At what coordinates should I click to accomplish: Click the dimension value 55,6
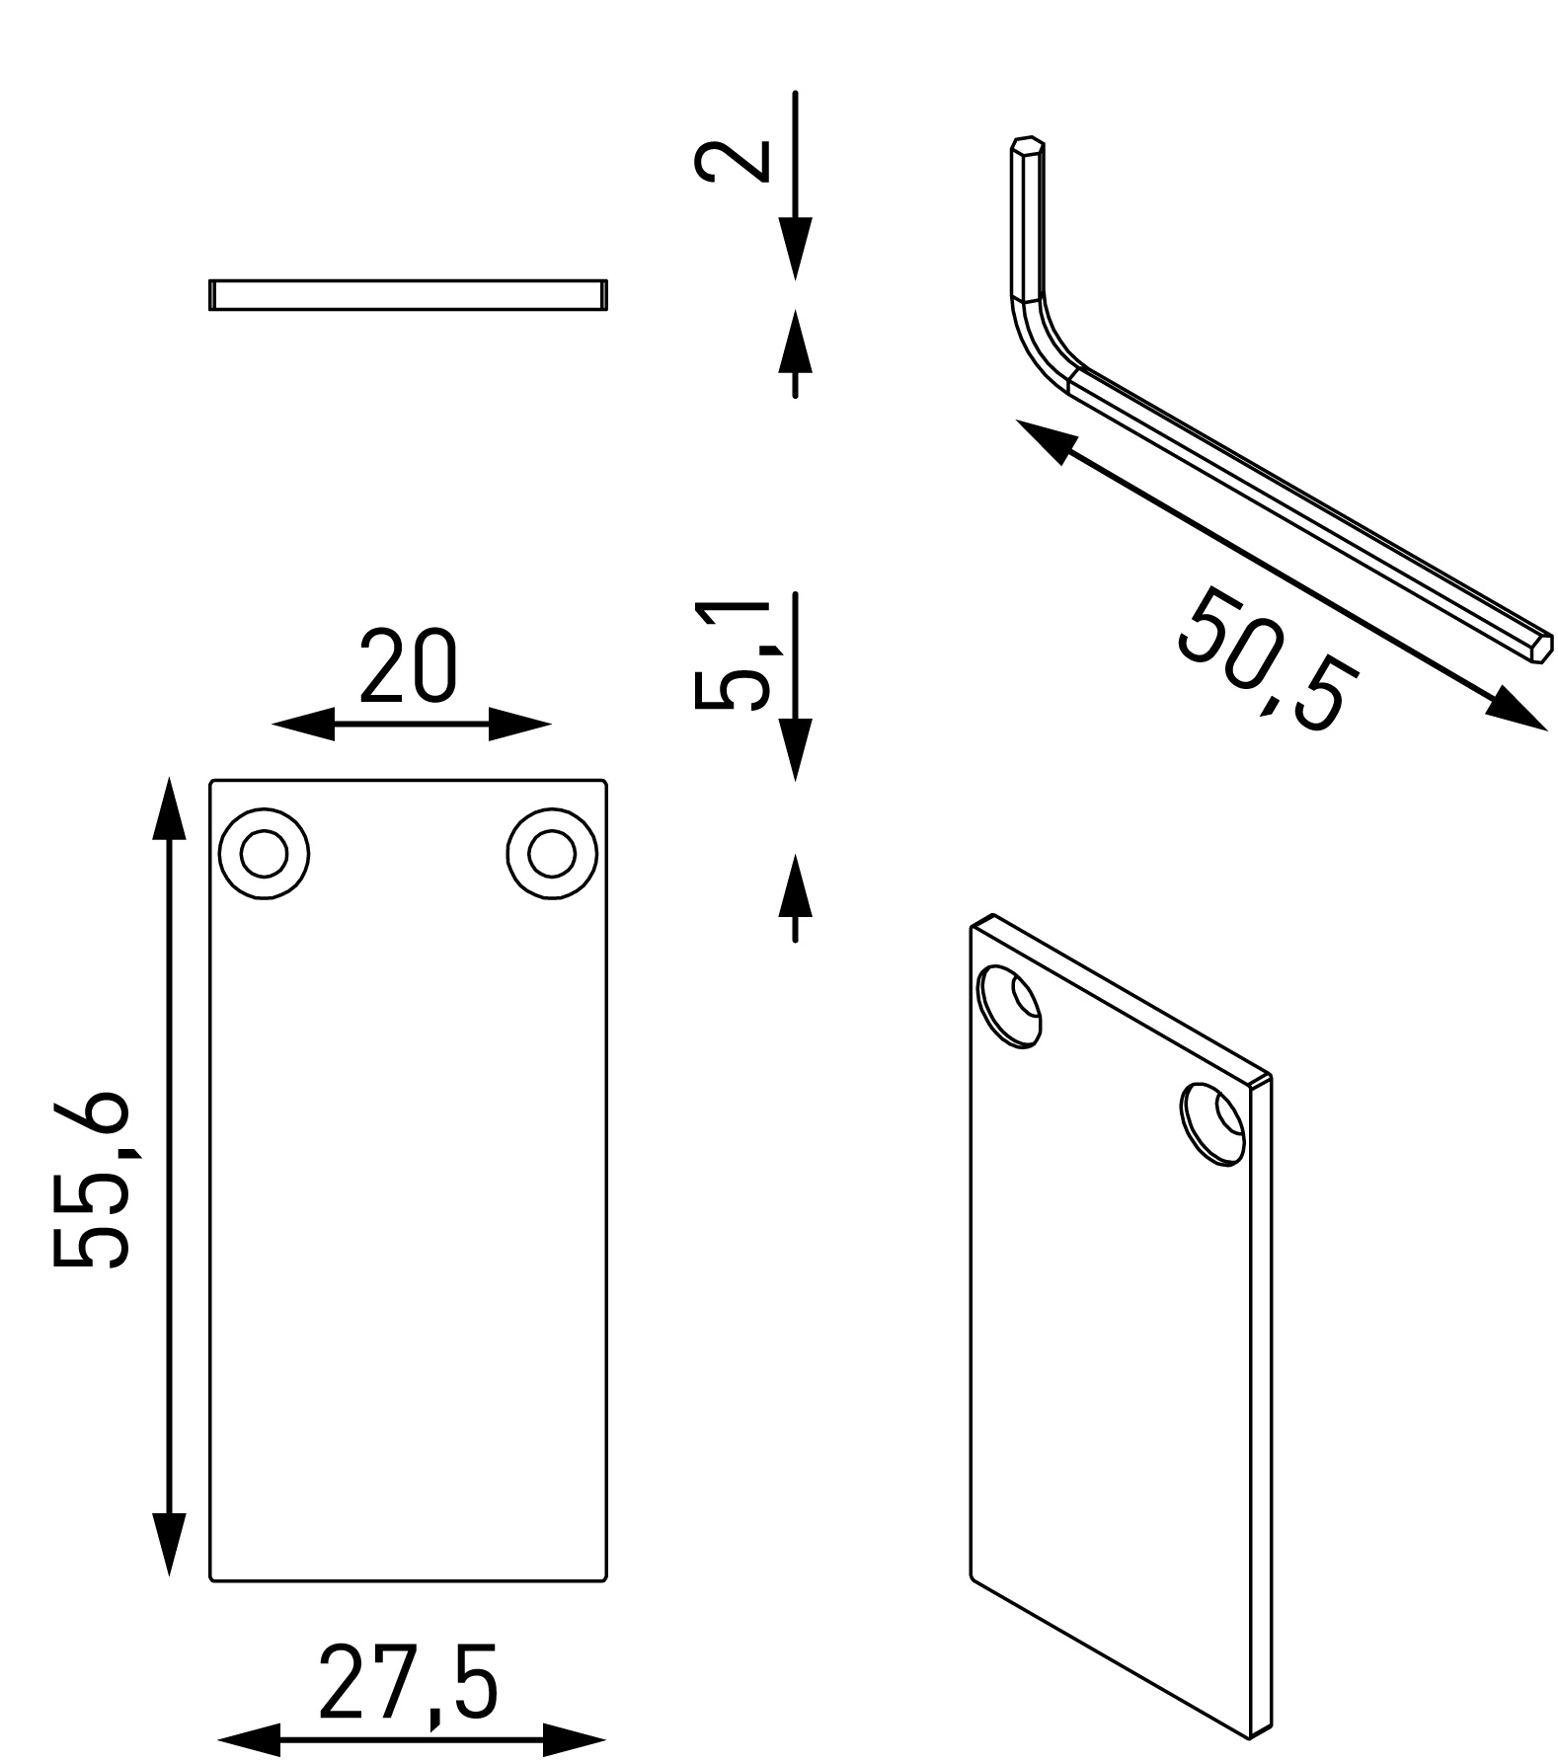91,1180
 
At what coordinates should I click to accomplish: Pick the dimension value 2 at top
731,162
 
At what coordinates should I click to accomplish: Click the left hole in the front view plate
264,854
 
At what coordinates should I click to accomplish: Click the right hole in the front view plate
552,854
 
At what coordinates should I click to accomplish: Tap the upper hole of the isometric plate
1008,1007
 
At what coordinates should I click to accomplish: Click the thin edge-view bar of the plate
408,294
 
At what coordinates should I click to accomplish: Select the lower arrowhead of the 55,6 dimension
169,1570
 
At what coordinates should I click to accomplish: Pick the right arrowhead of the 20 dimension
519,725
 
